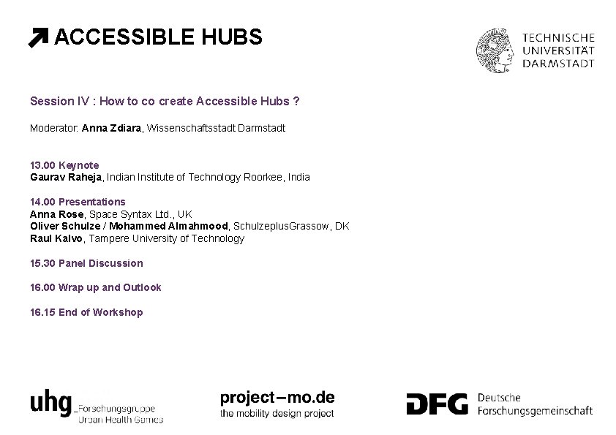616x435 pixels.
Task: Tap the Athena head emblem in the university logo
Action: coord(497,50)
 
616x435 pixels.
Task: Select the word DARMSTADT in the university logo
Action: coord(558,64)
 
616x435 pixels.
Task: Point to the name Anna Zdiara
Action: coord(113,128)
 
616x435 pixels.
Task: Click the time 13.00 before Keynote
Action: coord(42,165)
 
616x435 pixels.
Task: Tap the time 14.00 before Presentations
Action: coord(42,202)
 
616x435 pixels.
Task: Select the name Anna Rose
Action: coord(57,214)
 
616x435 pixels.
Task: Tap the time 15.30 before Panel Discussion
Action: coord(42,263)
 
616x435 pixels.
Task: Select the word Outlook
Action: coord(141,287)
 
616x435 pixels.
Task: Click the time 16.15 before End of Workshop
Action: coord(42,312)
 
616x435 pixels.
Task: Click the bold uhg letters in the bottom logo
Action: coord(50,403)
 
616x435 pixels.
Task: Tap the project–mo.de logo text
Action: coord(277,398)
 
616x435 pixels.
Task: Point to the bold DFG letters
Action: coord(437,404)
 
